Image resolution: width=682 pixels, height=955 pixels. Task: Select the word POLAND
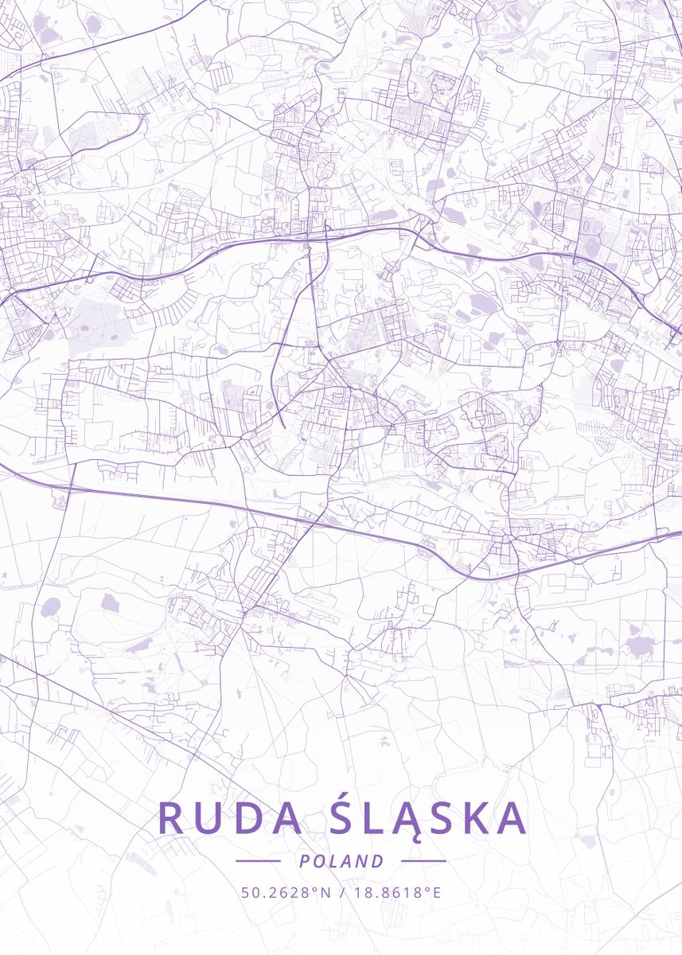pos(341,861)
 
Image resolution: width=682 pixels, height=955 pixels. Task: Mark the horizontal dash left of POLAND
pos(258,861)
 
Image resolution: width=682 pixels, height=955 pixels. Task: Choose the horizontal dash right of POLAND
pos(423,861)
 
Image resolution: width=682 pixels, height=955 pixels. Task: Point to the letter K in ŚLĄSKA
pos(477,818)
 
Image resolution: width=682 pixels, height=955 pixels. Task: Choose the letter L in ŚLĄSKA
pos(374,818)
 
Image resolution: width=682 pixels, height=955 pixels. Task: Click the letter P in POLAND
pos(303,861)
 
